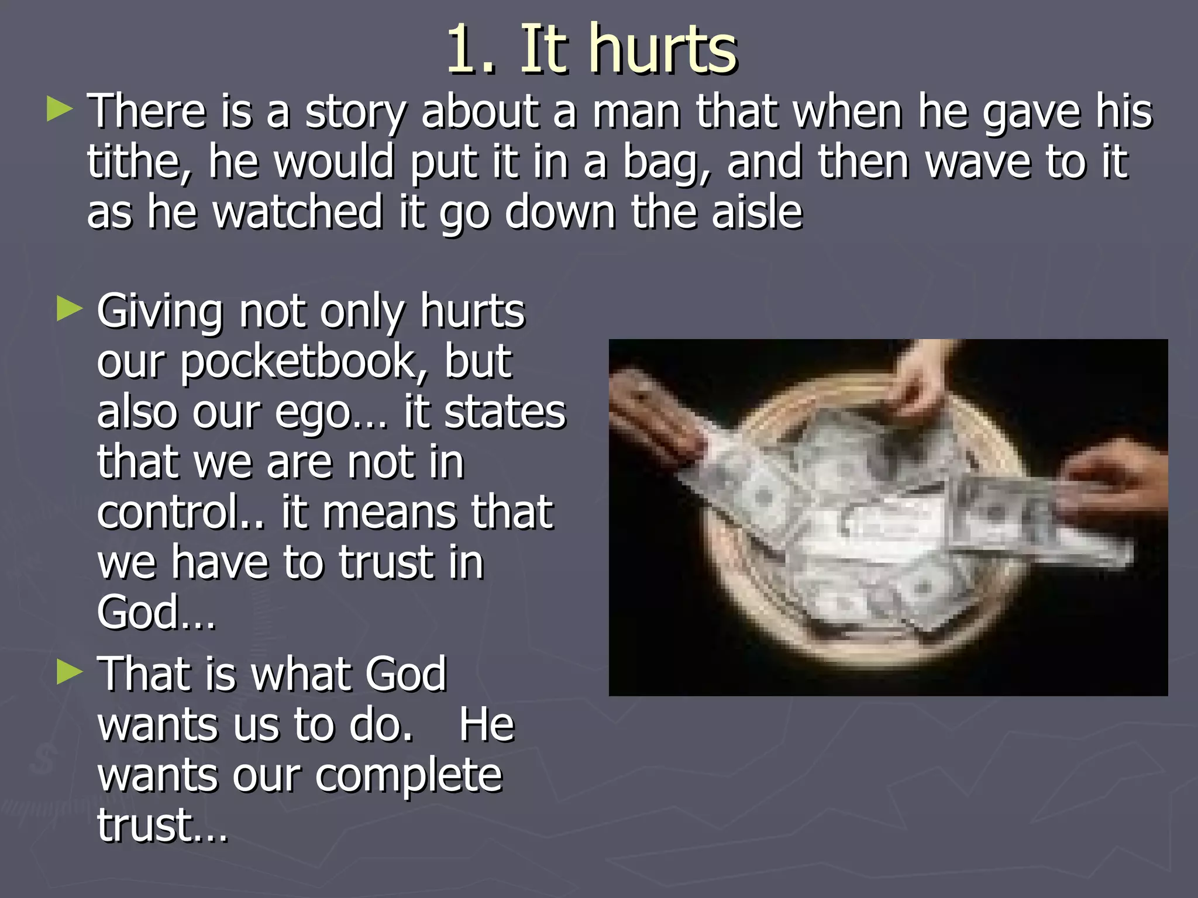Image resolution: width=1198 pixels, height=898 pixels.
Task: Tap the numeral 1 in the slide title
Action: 465,51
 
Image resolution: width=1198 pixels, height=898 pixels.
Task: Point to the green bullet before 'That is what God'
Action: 70,672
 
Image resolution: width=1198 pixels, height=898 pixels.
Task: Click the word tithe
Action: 138,162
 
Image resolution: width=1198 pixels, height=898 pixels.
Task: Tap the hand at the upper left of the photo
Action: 655,421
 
